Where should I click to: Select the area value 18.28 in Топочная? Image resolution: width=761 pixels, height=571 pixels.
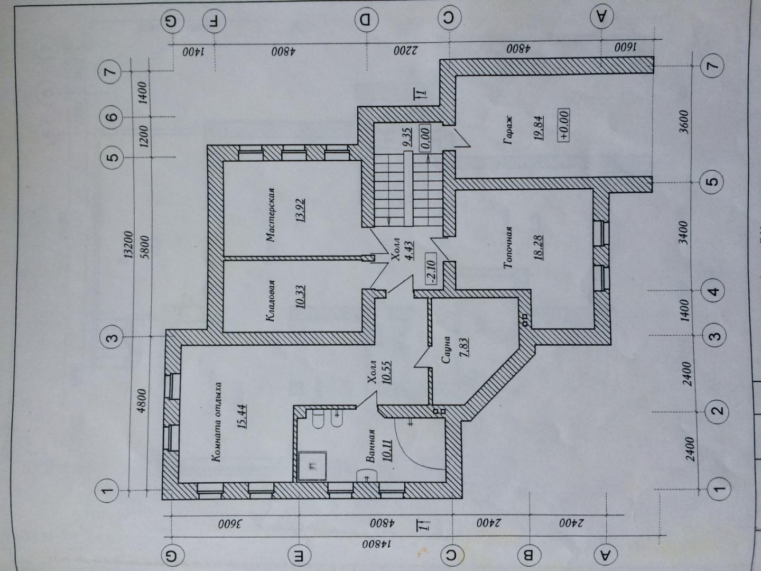538,247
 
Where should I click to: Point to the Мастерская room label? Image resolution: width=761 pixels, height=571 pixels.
270,215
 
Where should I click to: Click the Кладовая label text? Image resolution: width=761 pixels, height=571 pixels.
270,301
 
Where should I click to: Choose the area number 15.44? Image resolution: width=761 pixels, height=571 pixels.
242,417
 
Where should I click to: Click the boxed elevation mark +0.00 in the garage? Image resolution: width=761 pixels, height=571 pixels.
563,125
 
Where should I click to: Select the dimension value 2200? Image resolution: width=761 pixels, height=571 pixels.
404,51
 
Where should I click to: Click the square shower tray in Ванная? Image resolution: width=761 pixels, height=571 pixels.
312,466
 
